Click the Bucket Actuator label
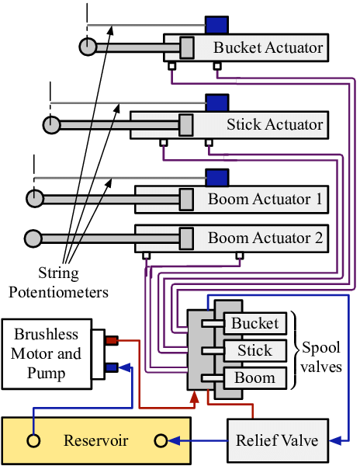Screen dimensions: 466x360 (x=268, y=48)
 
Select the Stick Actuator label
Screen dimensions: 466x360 (x=275, y=124)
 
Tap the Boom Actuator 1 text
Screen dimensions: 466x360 (x=265, y=199)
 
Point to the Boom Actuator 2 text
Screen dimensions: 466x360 (x=265, y=237)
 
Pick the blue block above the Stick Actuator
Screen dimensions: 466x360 (x=216, y=102)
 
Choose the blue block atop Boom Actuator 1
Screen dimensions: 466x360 (x=216, y=177)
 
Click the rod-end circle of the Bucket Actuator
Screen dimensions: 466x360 (x=88, y=47)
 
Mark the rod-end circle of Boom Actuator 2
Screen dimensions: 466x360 (x=33, y=237)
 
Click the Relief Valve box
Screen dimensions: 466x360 (x=277, y=440)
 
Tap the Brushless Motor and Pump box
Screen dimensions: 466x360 (x=47, y=354)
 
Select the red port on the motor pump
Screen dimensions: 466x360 (x=111, y=339)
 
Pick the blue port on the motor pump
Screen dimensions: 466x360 (x=111, y=368)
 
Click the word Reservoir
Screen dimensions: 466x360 (x=95, y=441)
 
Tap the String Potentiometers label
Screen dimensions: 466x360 (x=72, y=283)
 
